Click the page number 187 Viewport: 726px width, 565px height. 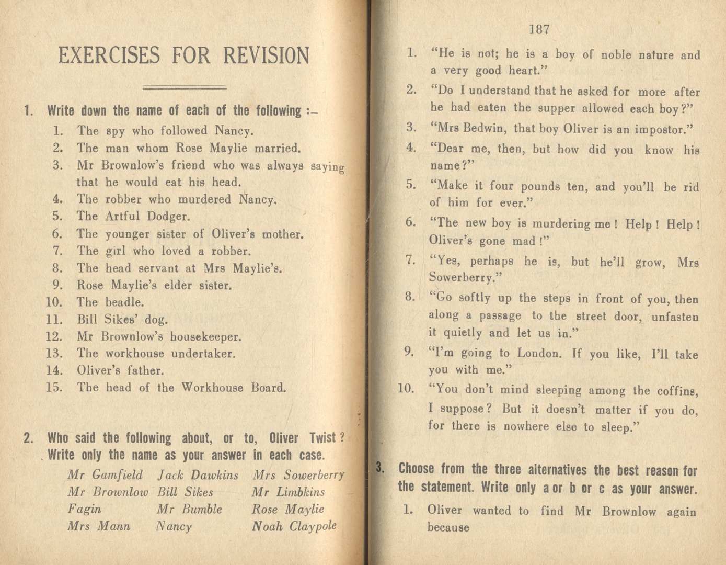point(539,29)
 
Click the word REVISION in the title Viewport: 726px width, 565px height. point(266,55)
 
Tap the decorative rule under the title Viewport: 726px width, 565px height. point(185,87)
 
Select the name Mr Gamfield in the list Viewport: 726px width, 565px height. point(105,475)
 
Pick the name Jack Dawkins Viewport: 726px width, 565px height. point(198,476)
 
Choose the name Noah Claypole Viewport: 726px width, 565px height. point(294,526)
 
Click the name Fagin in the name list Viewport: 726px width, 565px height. point(84,509)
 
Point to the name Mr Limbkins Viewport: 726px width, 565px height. point(288,492)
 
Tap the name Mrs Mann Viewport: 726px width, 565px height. point(99,526)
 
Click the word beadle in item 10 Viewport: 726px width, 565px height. point(124,302)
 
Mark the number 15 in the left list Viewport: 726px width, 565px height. point(54,388)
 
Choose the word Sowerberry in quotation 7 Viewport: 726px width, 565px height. point(461,277)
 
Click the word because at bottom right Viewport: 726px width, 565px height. point(448,527)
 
